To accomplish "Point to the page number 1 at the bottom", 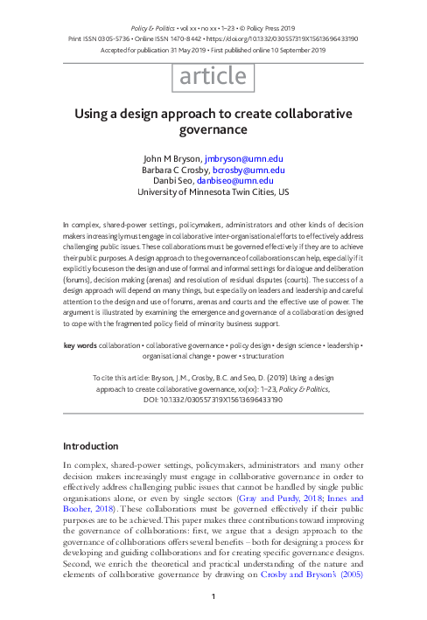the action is (x=213, y=597).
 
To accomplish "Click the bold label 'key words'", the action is (x=80, y=345).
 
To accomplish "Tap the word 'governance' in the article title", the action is (x=213, y=130).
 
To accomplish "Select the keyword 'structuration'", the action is (x=261, y=357).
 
